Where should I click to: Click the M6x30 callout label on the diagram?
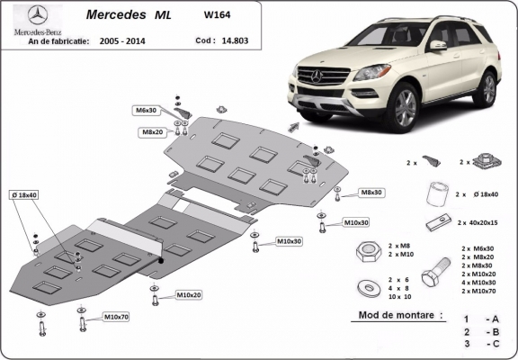pos(146,110)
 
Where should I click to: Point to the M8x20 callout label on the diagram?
pos(151,131)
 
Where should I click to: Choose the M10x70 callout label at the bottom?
pos(116,317)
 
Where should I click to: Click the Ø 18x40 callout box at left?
pos(24,195)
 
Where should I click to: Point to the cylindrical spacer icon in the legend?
pos(438,193)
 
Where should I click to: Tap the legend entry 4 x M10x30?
pos(478,282)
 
